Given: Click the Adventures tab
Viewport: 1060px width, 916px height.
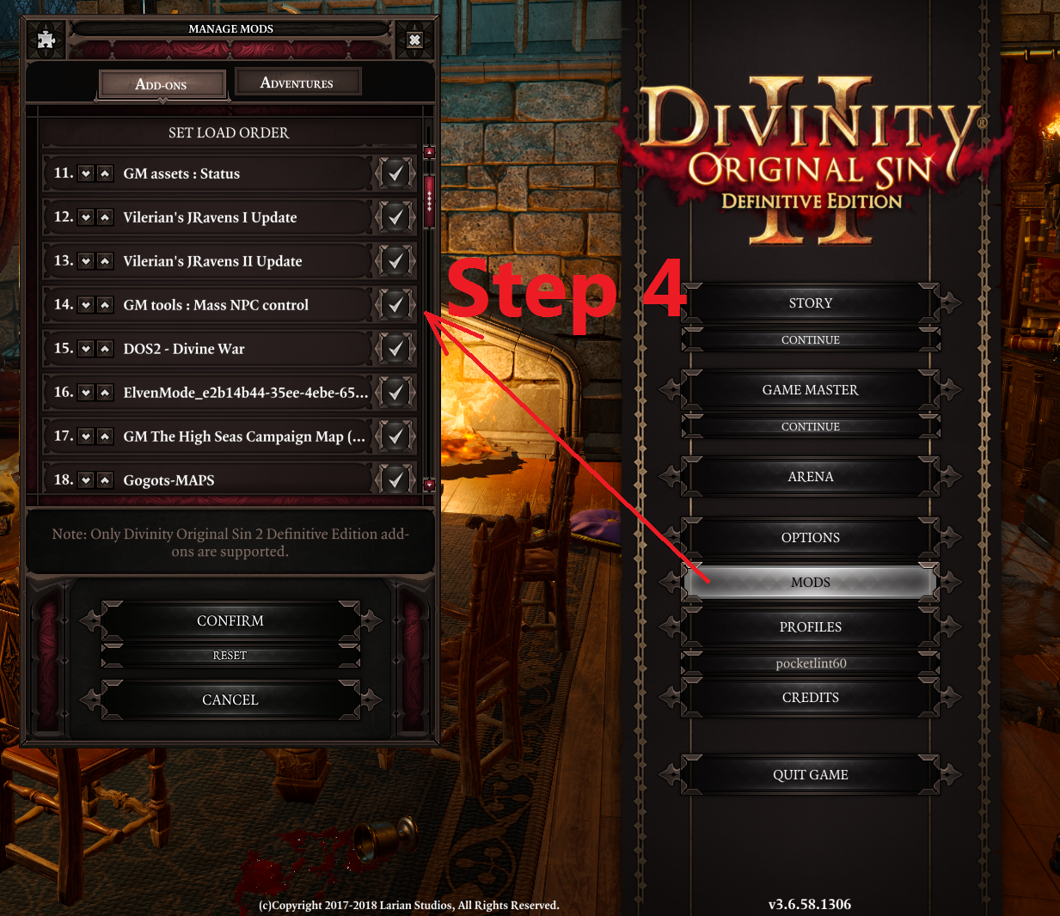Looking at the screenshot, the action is (298, 82).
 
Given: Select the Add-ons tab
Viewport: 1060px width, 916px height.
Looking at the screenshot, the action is (162, 84).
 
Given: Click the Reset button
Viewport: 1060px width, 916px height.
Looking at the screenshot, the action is (230, 655).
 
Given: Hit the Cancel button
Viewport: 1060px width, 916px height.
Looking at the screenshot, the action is (230, 699).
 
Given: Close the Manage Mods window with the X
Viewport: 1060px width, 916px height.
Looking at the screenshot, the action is (414, 40).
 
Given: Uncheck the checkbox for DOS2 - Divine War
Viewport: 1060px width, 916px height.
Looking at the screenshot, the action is (395, 349).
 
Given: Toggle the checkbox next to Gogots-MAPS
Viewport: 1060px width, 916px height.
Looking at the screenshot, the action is (395, 479).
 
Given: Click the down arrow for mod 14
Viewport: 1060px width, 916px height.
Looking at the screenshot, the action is (86, 305).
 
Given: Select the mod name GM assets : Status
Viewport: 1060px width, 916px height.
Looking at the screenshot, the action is (181, 174).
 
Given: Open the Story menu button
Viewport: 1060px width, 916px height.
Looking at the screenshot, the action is (810, 303).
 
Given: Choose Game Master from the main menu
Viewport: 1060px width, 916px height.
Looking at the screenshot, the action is (810, 389).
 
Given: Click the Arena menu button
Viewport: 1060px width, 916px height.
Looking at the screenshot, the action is (810, 476).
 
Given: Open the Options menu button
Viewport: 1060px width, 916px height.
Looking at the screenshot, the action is (810, 537).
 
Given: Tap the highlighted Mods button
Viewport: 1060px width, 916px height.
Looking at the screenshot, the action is (810, 582).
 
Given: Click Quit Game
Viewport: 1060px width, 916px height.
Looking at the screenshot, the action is (810, 774).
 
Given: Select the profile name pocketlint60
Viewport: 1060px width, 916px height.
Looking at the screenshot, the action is (811, 663).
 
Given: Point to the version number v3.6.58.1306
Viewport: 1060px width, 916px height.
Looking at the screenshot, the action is (809, 904).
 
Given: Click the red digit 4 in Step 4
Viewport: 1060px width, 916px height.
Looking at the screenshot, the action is (663, 288).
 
